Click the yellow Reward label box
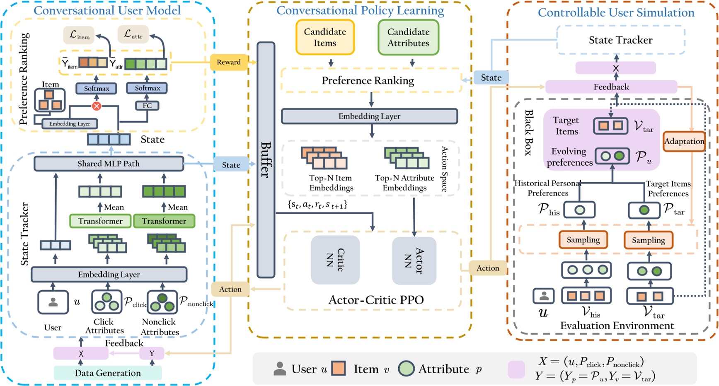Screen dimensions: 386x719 228,62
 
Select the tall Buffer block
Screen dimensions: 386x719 266,159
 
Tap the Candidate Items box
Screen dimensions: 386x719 325,37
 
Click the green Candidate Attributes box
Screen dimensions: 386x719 408,37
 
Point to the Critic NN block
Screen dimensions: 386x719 335,260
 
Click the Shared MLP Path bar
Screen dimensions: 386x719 109,164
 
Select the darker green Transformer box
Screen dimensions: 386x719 164,221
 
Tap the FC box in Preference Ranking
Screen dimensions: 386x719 147,106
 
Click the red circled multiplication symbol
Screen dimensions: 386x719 97,106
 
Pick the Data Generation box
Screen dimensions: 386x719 108,373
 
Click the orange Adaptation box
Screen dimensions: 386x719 684,141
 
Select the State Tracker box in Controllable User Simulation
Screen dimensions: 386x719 620,40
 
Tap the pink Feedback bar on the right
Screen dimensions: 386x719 611,87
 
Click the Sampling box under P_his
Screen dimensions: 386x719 583,240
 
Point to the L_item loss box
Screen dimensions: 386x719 79,35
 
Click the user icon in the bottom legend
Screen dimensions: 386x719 280,369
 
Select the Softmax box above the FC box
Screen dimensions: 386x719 147,88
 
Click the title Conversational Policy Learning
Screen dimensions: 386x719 360,10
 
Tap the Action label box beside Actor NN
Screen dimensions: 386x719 488,268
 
